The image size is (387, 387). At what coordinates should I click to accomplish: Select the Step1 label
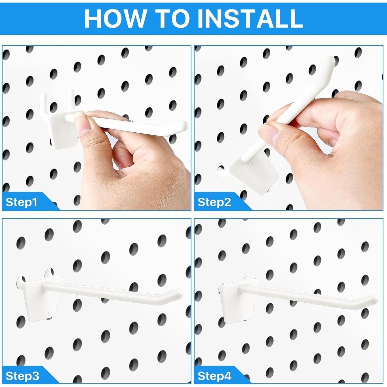click(21, 202)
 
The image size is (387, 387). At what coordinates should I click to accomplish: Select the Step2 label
click(214, 202)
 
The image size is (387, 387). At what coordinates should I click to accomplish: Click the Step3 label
click(22, 376)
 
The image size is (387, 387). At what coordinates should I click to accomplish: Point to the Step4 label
click(214, 376)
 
